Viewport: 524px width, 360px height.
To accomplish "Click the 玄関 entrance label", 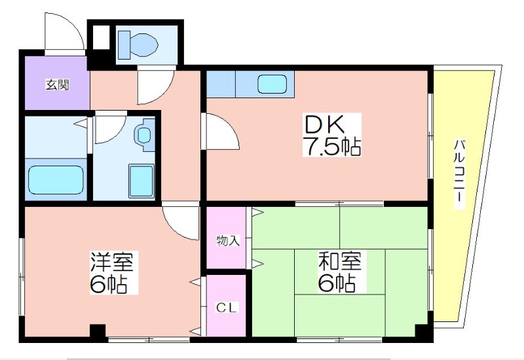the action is coord(58,85).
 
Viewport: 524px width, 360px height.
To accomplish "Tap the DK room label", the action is coord(324,124).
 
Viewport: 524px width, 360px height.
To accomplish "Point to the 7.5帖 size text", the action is coord(332,146).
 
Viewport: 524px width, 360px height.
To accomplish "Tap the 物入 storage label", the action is coord(228,240).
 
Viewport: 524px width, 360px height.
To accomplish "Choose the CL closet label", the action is coord(227,308).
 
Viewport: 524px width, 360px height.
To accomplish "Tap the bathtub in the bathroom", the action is coord(56,179).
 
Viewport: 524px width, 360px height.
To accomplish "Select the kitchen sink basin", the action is coord(272,84).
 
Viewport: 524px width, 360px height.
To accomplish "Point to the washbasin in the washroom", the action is coord(145,135).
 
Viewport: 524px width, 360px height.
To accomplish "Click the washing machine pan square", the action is coord(141,181).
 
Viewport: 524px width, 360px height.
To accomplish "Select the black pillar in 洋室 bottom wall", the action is coord(98,332).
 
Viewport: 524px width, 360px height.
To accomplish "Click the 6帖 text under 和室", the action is coord(337,283).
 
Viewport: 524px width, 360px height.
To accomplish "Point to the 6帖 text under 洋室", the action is coord(109,284).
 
